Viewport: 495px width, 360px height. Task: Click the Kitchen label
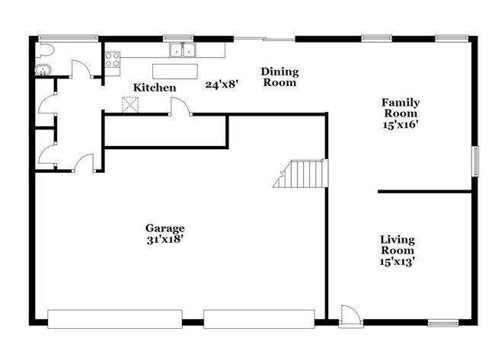click(155, 88)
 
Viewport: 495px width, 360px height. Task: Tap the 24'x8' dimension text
click(222, 84)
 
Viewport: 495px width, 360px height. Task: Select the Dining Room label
click(279, 77)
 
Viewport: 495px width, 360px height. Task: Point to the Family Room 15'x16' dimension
click(401, 124)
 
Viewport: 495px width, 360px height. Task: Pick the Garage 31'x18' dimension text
click(164, 239)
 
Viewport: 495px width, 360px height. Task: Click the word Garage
click(164, 228)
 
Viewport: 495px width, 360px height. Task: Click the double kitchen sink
click(183, 51)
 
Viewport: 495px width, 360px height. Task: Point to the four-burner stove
click(113, 59)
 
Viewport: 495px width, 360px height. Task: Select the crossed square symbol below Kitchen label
click(131, 106)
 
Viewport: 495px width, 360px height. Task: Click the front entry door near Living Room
click(350, 315)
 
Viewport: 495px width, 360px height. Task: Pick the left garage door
click(114, 318)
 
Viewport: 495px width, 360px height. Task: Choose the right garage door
click(259, 318)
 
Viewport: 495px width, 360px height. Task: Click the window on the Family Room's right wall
click(476, 161)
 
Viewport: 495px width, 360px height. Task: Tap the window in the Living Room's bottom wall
click(443, 323)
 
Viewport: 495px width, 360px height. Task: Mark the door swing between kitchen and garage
click(180, 107)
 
